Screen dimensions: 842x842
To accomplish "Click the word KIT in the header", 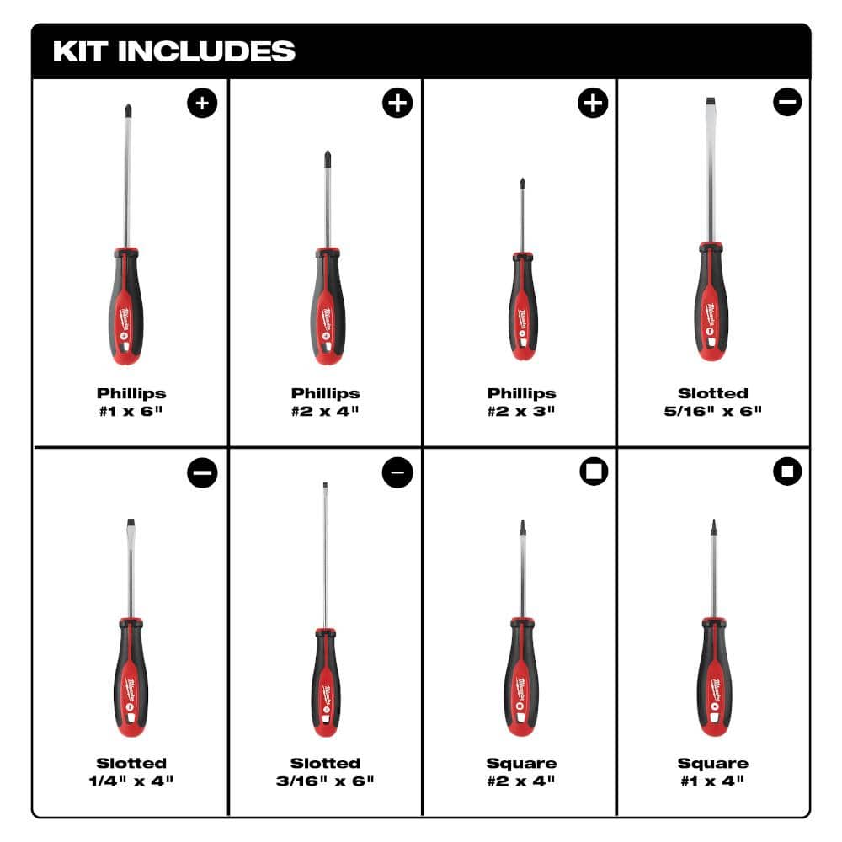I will point(80,51).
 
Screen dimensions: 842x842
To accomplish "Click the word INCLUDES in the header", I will point(206,51).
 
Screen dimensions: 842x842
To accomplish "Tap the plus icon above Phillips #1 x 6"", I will point(202,104).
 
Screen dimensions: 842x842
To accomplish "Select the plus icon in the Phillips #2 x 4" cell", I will point(397,104).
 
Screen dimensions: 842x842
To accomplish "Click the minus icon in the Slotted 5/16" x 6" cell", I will point(787,103).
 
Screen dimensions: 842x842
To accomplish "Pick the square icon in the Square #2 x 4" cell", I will point(594,472).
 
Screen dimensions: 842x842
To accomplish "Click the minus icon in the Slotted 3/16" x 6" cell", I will point(397,473).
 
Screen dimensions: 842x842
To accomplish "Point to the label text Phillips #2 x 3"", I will point(521,402).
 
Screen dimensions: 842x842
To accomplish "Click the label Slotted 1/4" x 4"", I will point(131,771).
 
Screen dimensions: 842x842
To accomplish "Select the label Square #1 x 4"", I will point(713,771).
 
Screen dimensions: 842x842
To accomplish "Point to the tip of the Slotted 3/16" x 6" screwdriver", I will point(325,487).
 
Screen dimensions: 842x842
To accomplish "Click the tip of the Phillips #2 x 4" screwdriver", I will point(326,157).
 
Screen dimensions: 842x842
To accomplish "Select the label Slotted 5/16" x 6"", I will point(713,402).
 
